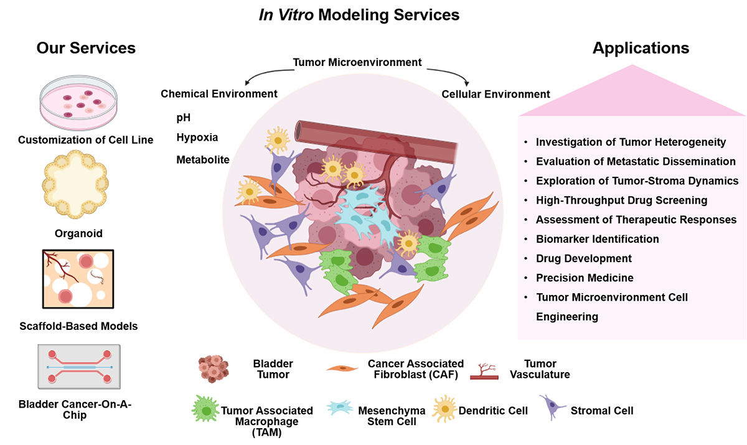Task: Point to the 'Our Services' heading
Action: tap(86, 48)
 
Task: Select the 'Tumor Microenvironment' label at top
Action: tap(357, 62)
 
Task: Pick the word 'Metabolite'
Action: tap(203, 159)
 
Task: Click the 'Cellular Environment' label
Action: tap(496, 94)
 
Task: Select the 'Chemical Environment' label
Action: tap(218, 93)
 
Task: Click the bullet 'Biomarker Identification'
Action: tap(597, 239)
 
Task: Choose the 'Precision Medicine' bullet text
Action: tap(585, 278)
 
